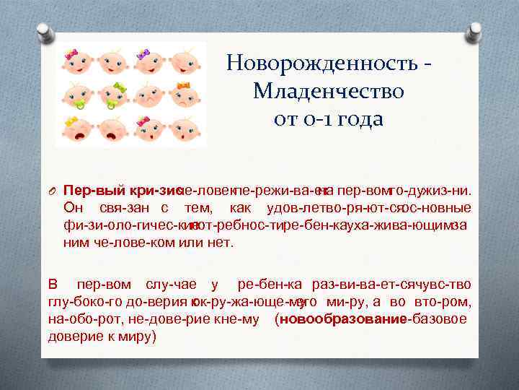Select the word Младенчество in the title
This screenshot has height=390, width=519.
coord(329,92)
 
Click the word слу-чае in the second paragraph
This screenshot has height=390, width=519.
coord(170,285)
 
